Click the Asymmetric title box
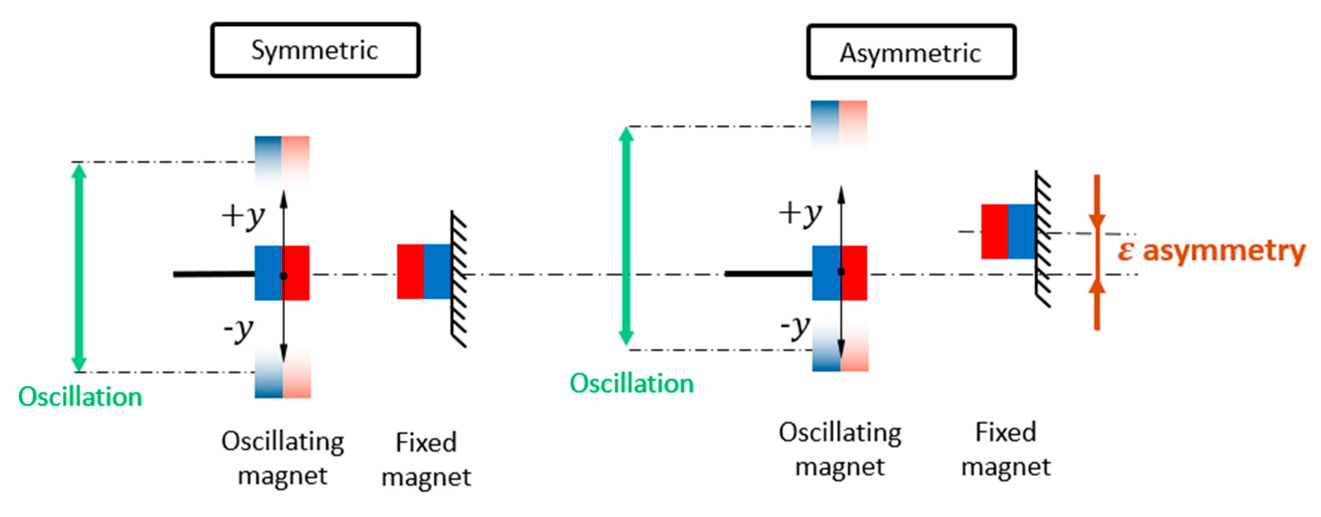click(x=911, y=52)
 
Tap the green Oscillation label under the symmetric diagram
click(x=80, y=396)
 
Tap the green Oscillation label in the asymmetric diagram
click(x=632, y=383)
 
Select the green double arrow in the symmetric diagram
click(x=79, y=267)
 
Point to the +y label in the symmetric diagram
click(x=243, y=216)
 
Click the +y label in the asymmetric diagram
click(x=800, y=213)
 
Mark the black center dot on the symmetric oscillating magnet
click(x=283, y=276)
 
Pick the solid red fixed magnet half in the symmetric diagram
click(x=410, y=272)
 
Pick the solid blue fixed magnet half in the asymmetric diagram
click(x=1021, y=231)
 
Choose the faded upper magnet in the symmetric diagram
click(x=282, y=159)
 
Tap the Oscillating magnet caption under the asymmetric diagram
click(x=840, y=449)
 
